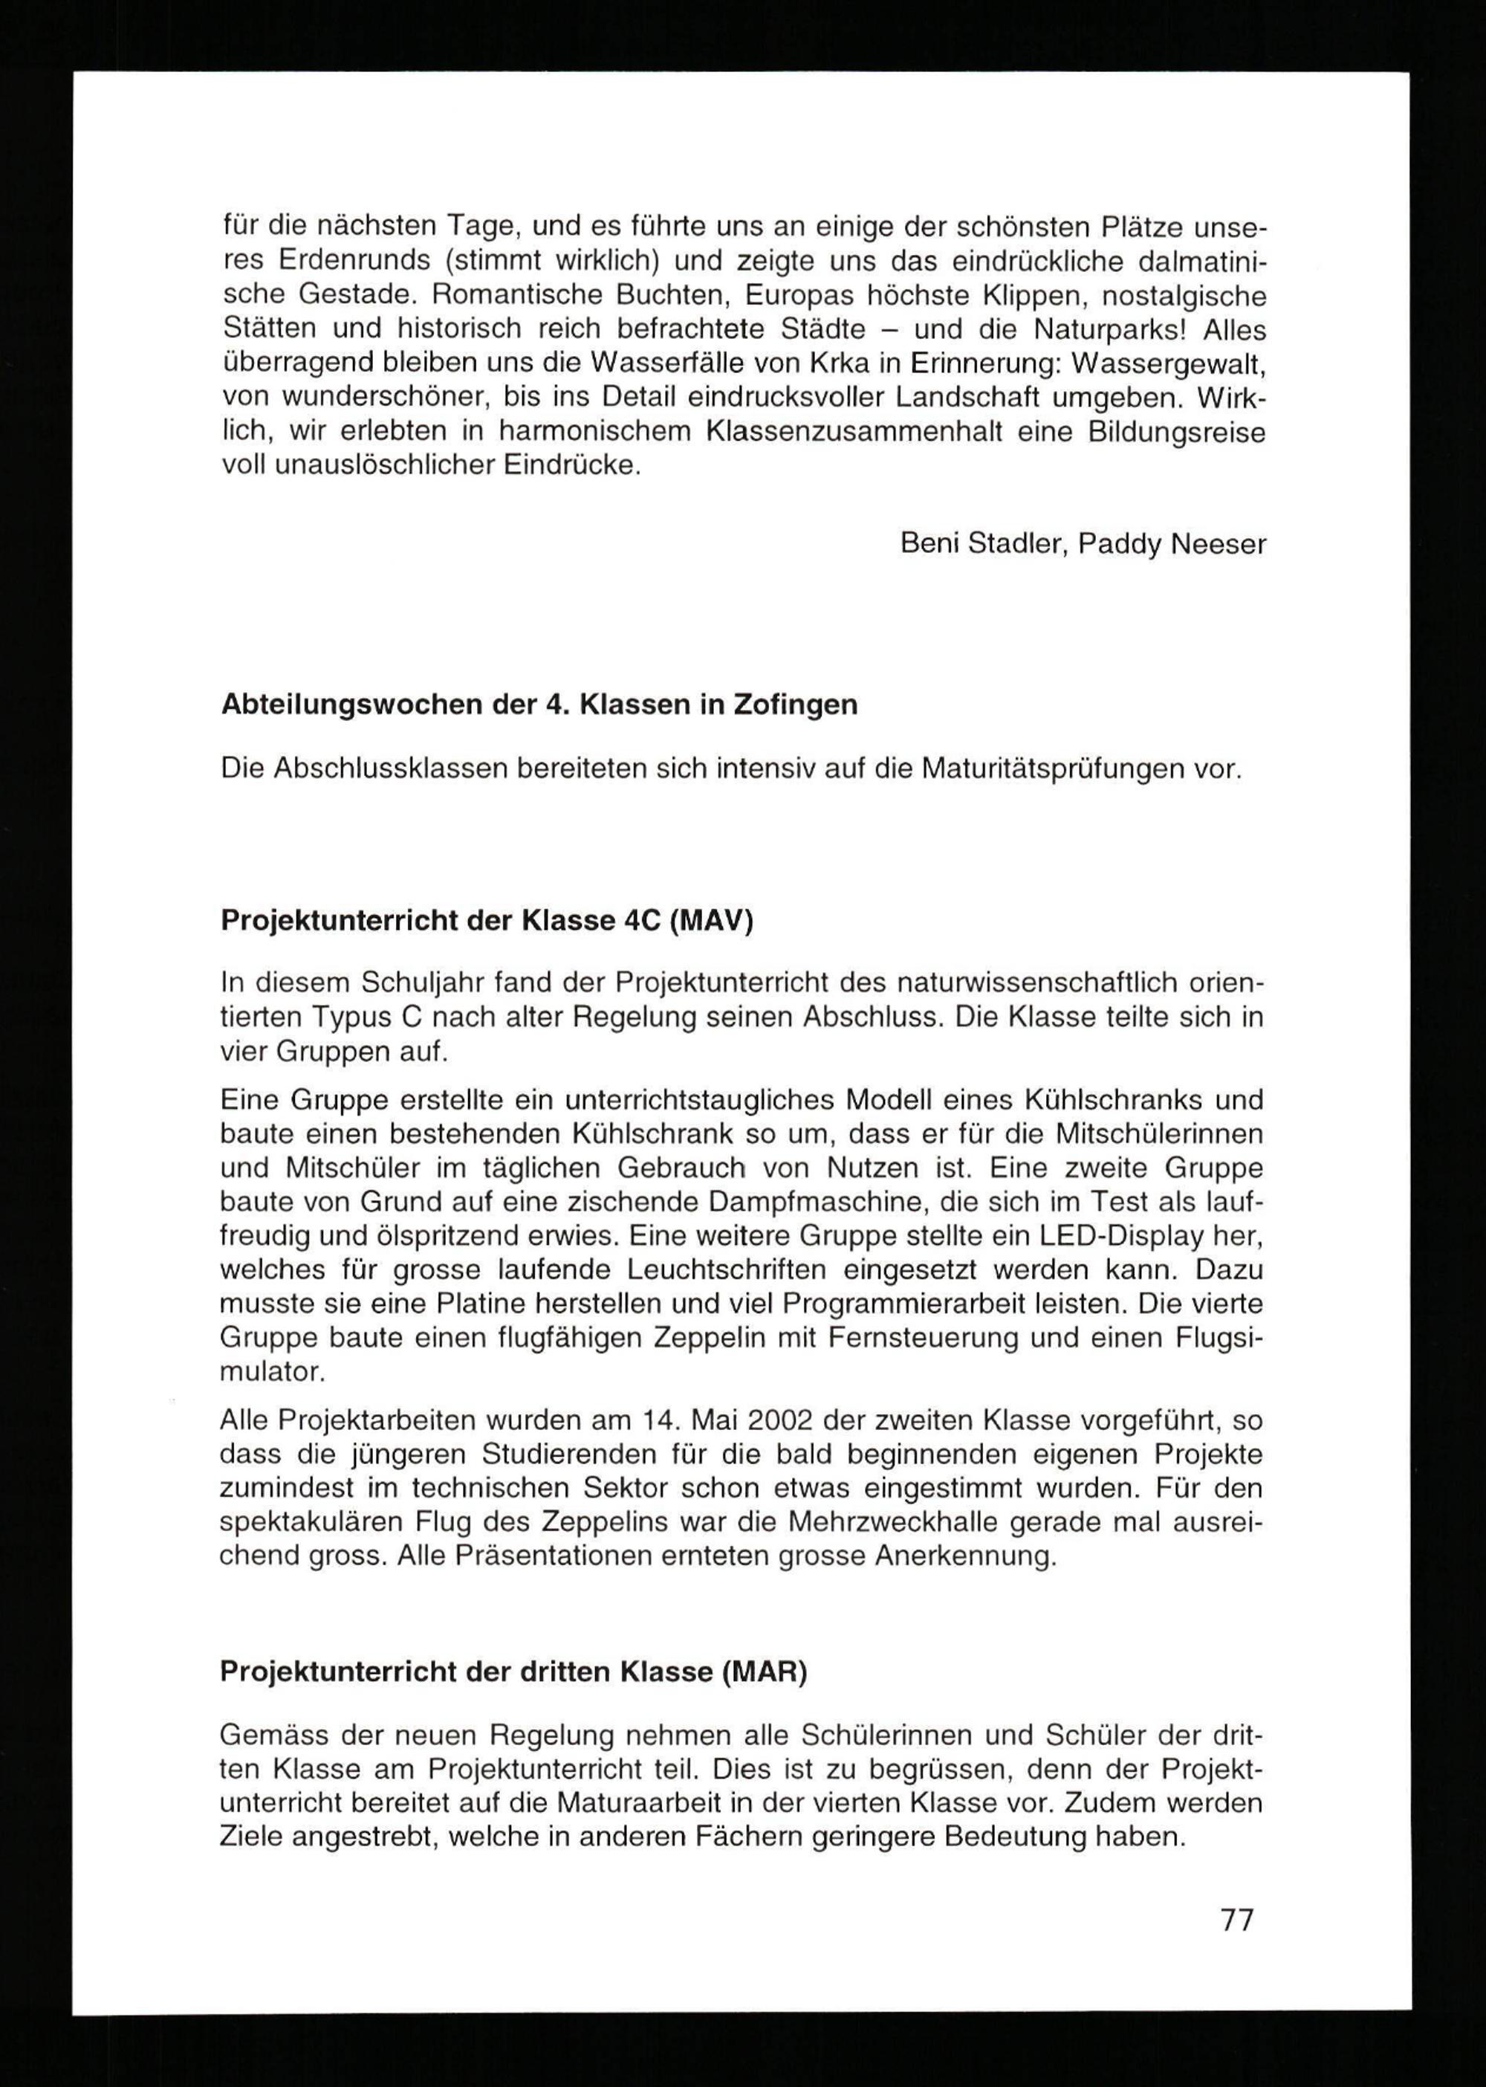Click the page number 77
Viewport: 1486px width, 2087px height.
point(1237,1918)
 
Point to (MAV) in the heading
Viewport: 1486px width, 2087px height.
point(711,920)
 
